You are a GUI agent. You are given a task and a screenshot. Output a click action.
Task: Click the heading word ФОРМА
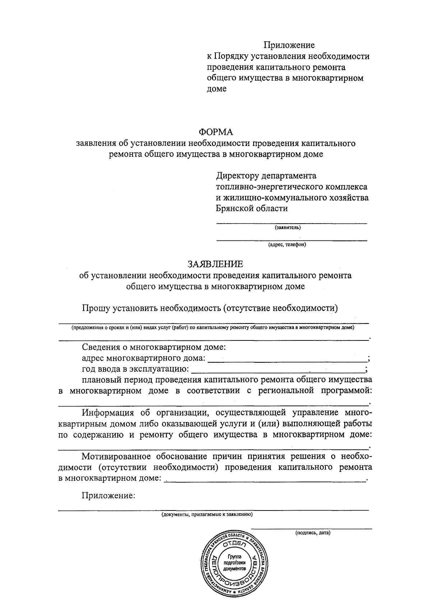pyautogui.click(x=216, y=132)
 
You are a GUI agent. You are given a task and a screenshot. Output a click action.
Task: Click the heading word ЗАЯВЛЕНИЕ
pyautogui.click(x=215, y=264)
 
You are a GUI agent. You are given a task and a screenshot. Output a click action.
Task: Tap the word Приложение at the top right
pyautogui.click(x=289, y=45)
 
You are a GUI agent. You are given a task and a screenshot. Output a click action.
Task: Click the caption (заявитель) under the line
pyautogui.click(x=288, y=228)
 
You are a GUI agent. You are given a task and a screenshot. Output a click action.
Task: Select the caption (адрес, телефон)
pyautogui.click(x=287, y=245)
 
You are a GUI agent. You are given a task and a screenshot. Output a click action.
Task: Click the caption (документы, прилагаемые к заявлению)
pyautogui.click(x=207, y=514)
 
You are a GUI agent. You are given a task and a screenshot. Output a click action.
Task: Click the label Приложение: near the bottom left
pyautogui.click(x=108, y=496)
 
